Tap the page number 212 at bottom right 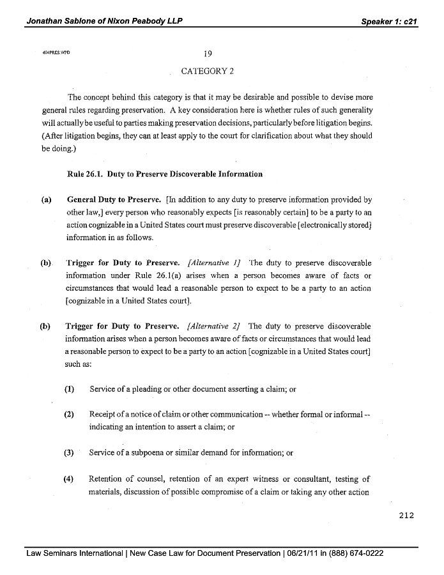[x=405, y=516]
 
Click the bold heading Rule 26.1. [x=84, y=174]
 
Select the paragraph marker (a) [x=47, y=199]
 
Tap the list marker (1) [x=69, y=388]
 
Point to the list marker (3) [x=69, y=452]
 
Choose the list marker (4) [x=69, y=479]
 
